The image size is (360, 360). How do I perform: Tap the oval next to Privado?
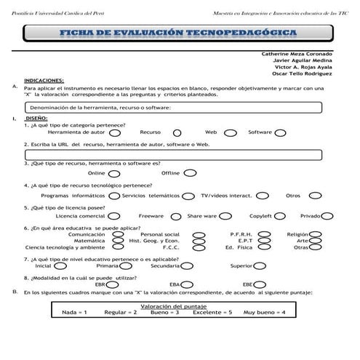pos(327,217)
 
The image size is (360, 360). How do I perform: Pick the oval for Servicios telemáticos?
pos(188,196)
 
